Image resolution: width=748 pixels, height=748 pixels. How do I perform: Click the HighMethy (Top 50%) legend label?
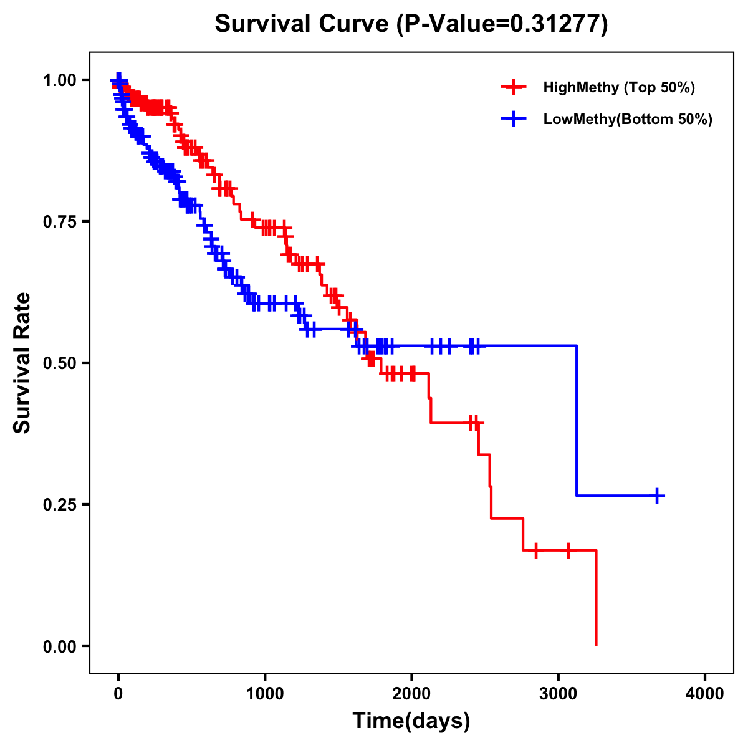(619, 87)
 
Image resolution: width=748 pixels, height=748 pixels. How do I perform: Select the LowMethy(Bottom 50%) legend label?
(628, 120)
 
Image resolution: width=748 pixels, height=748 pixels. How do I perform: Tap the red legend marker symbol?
(513, 87)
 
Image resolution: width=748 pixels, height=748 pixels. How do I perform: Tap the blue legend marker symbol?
(513, 120)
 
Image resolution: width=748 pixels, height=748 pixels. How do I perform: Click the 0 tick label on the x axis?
(118, 694)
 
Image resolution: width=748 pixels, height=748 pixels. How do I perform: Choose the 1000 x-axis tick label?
(265, 694)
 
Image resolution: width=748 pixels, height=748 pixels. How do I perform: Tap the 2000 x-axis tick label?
(411, 694)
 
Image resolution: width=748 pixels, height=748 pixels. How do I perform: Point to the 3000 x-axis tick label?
(559, 694)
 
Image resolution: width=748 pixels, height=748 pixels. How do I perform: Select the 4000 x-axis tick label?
(705, 694)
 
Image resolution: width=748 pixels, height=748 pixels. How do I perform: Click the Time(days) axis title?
(411, 721)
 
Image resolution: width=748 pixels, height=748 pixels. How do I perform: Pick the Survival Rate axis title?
(22, 363)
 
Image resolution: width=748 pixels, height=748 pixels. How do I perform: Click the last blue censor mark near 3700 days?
(657, 496)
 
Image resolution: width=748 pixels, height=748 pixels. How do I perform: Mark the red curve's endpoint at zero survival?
(597, 645)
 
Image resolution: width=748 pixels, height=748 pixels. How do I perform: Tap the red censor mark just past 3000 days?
(568, 550)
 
